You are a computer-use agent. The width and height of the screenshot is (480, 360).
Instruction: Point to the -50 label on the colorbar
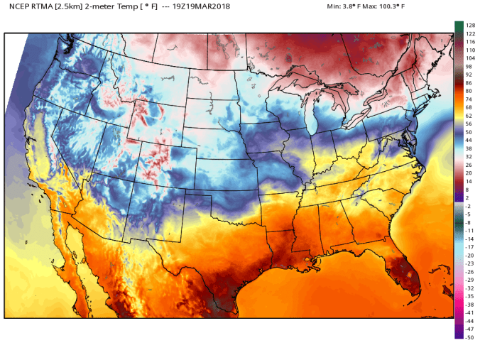click(x=469, y=337)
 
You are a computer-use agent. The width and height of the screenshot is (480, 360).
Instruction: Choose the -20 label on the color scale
click(x=469, y=255)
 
